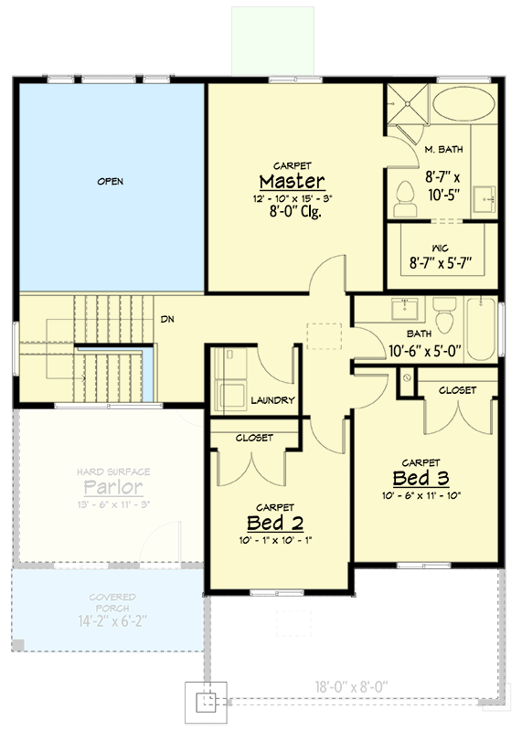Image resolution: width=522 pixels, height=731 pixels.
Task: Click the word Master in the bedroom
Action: (292, 179)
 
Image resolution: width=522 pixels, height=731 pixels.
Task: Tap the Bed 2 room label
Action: (274, 522)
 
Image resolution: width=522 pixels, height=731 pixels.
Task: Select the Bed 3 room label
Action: (421, 478)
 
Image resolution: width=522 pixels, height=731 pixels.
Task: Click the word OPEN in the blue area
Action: (110, 181)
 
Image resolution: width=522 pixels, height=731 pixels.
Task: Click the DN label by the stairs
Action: (167, 319)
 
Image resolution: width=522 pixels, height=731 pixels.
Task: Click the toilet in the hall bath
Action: (445, 316)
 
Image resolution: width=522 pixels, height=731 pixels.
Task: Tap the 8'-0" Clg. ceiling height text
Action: (293, 212)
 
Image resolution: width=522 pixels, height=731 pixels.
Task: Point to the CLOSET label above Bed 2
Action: (254, 438)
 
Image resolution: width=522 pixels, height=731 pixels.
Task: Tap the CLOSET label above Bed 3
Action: (457, 390)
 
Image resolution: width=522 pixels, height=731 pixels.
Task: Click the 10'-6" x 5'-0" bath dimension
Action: (427, 350)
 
